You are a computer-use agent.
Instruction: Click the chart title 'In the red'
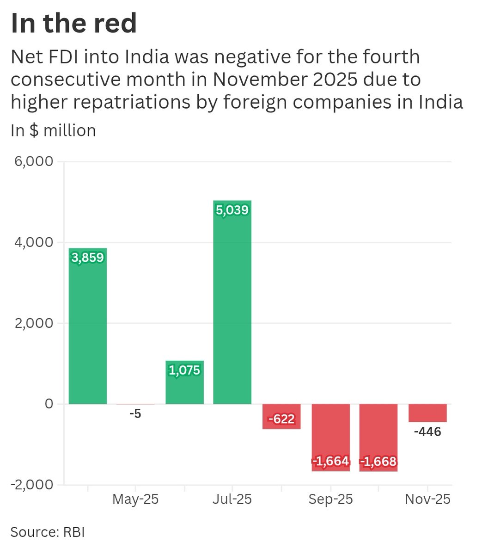[x=73, y=23]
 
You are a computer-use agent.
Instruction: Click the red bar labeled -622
[x=281, y=416]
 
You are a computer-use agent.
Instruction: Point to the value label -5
[x=135, y=414]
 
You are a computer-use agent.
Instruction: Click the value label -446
[x=427, y=432]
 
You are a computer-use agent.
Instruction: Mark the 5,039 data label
[x=232, y=210]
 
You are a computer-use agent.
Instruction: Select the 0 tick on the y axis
[x=49, y=404]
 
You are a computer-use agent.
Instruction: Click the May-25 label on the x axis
[x=135, y=499]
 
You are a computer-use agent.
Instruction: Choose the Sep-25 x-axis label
[x=330, y=499]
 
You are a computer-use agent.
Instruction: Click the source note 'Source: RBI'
[x=48, y=532]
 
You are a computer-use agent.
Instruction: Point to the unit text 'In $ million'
[x=53, y=130]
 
